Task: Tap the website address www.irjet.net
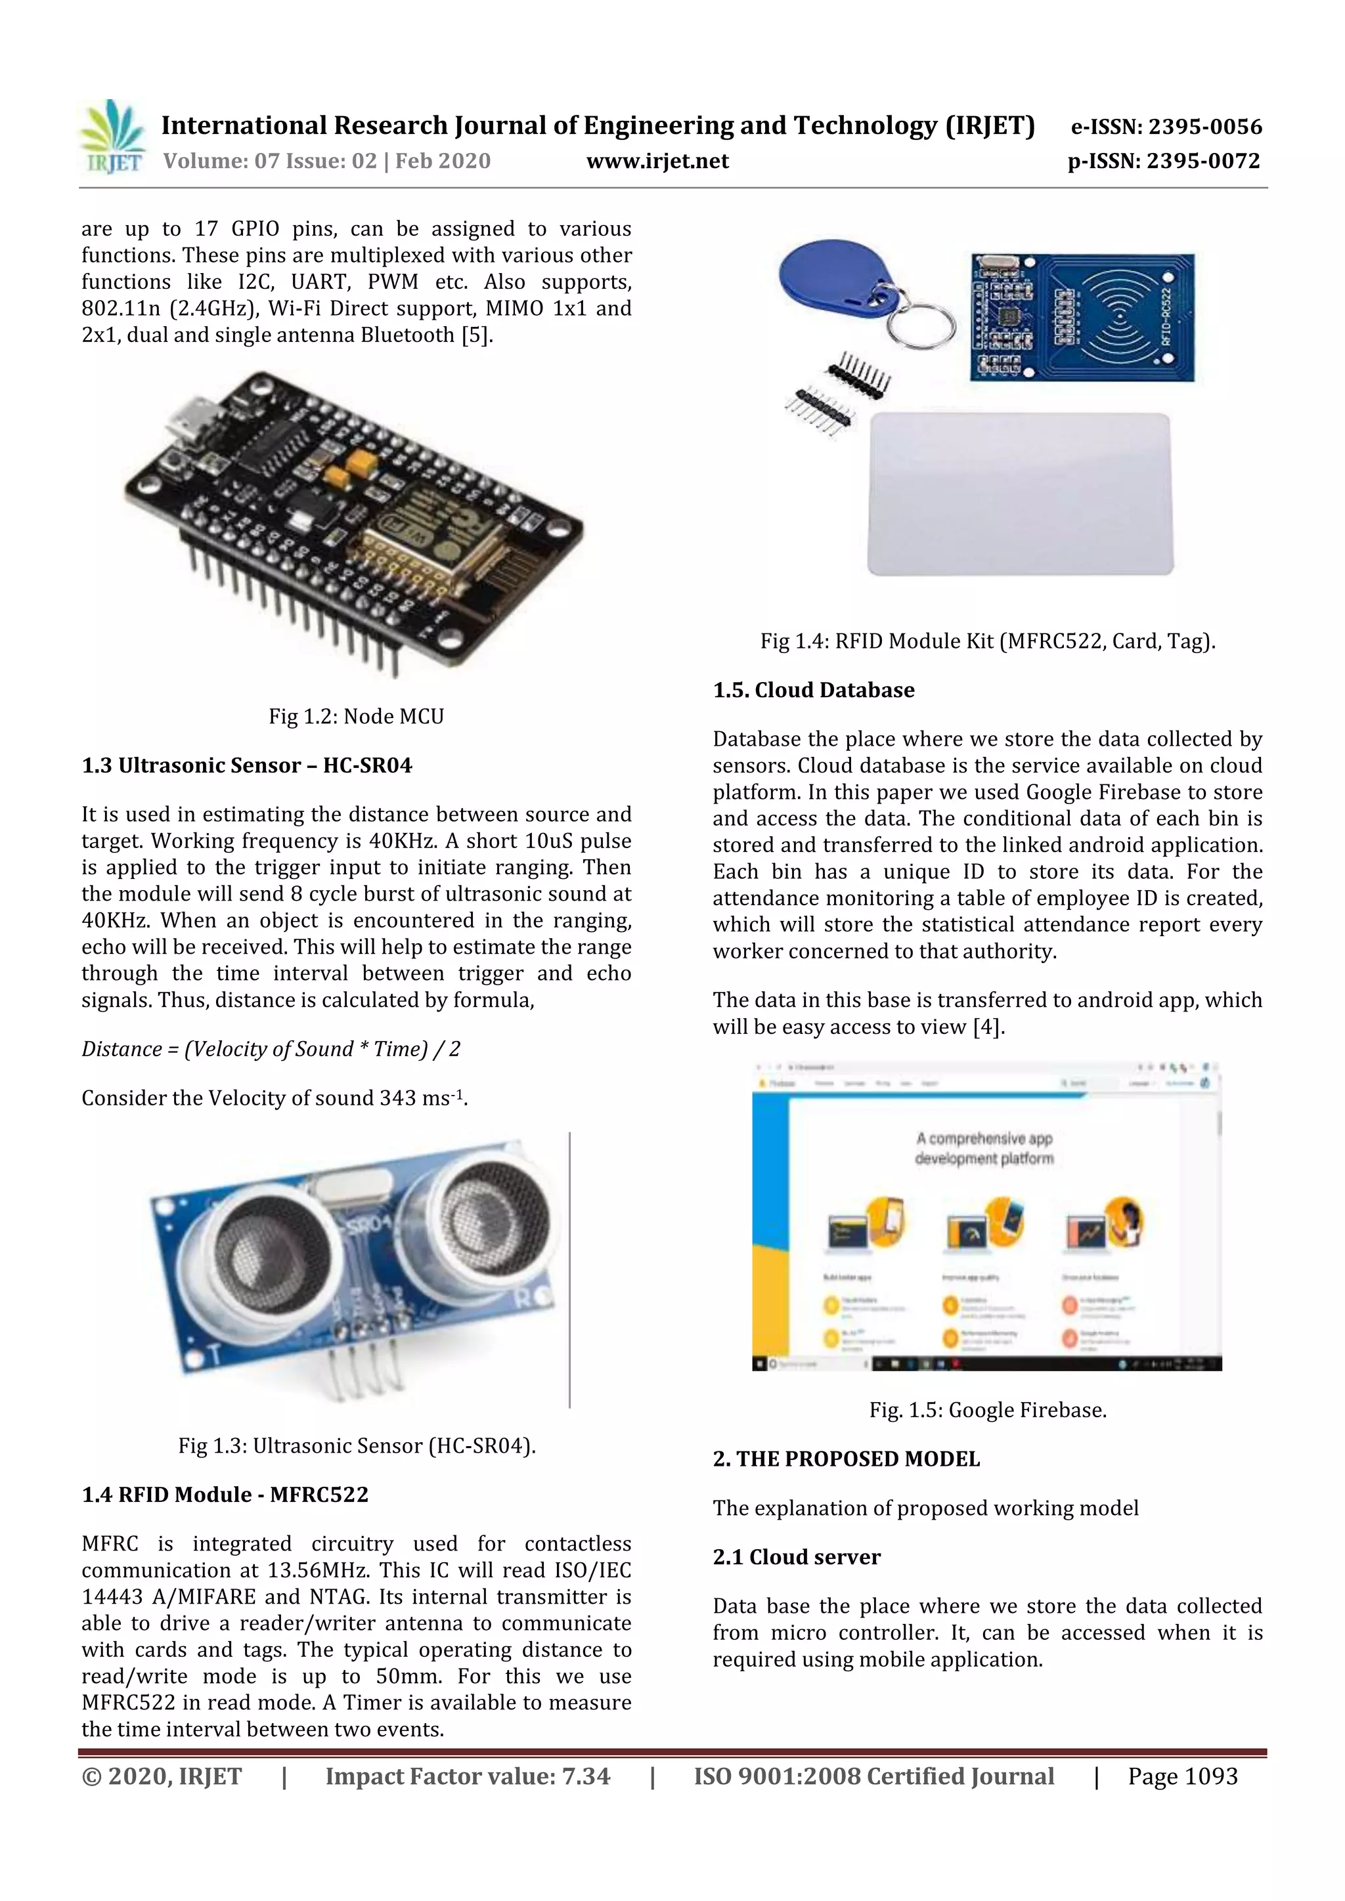[657, 161]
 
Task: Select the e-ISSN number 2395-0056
[1166, 127]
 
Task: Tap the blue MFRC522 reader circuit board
[1082, 317]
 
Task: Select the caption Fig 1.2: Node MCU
[356, 716]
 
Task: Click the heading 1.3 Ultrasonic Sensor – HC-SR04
[247, 765]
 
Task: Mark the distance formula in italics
[271, 1049]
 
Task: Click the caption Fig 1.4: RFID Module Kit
[987, 641]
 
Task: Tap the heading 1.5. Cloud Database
[813, 690]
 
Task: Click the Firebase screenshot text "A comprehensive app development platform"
[984, 1148]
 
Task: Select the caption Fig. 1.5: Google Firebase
[987, 1410]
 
